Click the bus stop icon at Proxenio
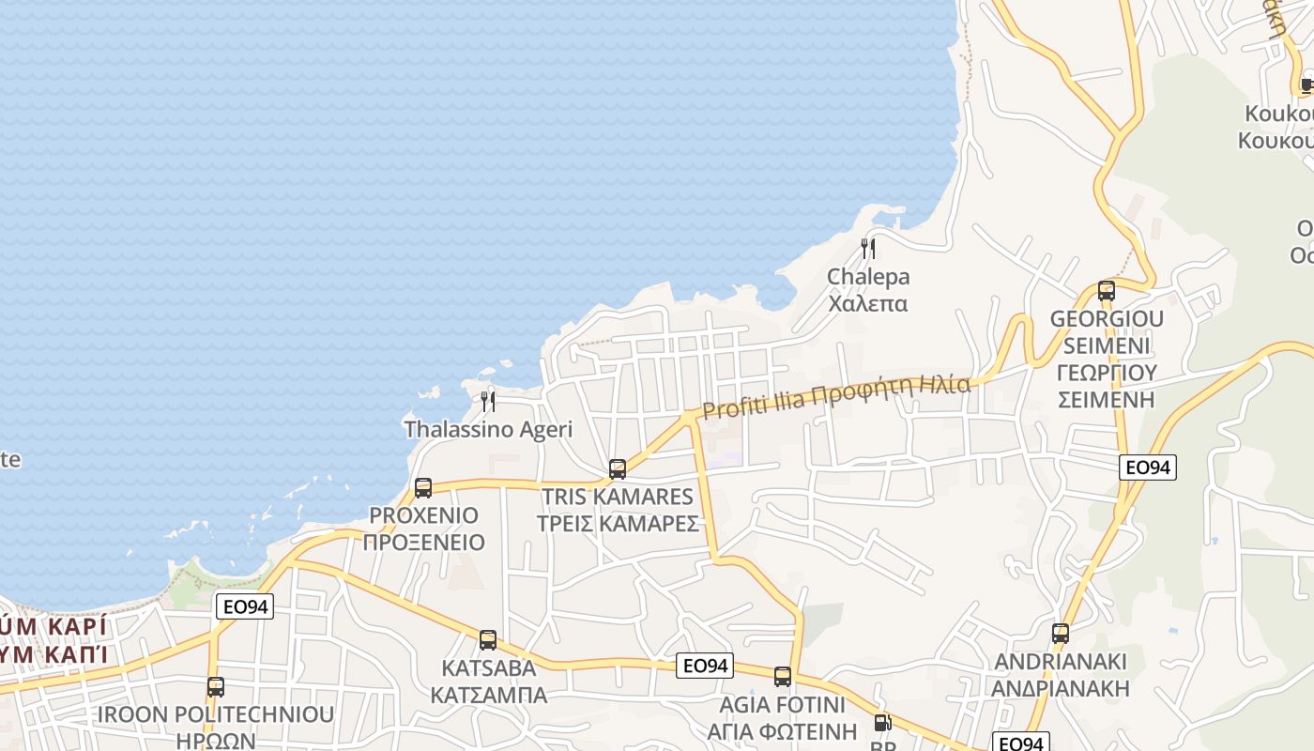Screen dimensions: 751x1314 (423, 488)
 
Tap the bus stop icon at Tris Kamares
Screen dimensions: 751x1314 (618, 469)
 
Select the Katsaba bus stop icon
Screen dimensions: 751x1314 (488, 640)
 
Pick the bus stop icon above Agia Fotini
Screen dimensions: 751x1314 (783, 677)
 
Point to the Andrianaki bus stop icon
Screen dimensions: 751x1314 (1061, 634)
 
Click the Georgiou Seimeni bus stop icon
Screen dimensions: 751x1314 (1107, 291)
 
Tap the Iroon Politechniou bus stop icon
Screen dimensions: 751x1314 (216, 687)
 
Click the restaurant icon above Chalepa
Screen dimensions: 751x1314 (868, 249)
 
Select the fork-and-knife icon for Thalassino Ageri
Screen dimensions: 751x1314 (488, 402)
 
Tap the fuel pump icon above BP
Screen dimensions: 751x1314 (882, 723)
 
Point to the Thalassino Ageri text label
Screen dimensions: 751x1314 (488, 430)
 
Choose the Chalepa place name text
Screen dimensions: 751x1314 (868, 290)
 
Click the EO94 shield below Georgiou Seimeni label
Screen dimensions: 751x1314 (1148, 467)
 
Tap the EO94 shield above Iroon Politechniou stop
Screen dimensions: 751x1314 (245, 606)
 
